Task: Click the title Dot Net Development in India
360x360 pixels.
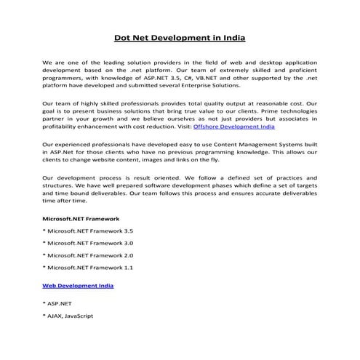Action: click(179, 37)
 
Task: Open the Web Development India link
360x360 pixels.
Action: click(78, 286)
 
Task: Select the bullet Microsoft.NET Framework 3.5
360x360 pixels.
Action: click(87, 231)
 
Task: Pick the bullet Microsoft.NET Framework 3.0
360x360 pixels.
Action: click(87, 243)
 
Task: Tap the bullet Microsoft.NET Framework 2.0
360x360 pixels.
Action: click(87, 256)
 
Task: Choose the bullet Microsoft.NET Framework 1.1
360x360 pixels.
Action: click(87, 268)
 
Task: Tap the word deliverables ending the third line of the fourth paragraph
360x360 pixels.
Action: click(296, 196)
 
